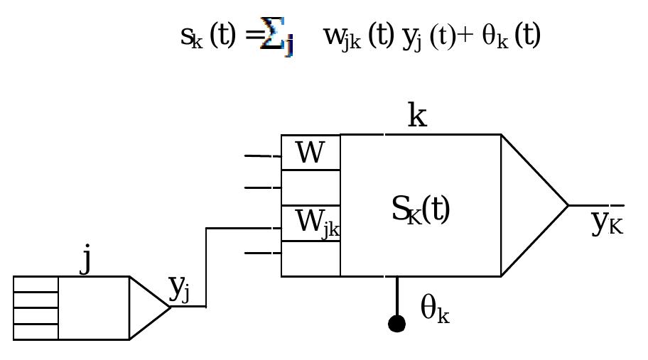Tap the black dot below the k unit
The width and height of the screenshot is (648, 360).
[x=396, y=324]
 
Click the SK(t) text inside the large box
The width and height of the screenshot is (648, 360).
[x=421, y=209]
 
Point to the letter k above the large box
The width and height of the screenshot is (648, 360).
[x=417, y=116]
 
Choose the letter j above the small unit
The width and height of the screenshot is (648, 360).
[x=86, y=259]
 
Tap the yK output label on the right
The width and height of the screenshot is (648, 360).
[x=607, y=222]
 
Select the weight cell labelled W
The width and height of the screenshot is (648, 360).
[x=310, y=153]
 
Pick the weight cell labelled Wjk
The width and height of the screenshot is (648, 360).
[x=311, y=223]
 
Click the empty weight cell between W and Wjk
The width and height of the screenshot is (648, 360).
[x=310, y=188]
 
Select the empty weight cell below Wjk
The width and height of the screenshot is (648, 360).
[x=310, y=258]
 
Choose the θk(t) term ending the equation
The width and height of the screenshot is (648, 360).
[x=512, y=36]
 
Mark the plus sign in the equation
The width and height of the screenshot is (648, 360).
[x=466, y=36]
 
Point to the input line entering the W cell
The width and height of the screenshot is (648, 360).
[x=262, y=156]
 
